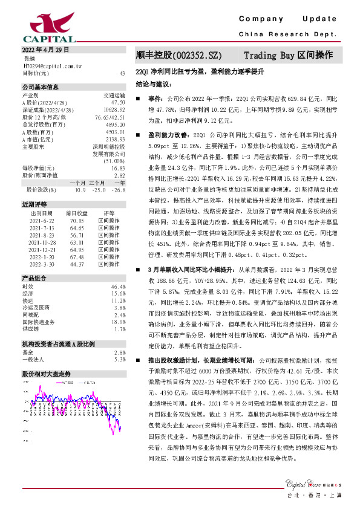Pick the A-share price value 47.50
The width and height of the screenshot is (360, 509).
(x=118, y=103)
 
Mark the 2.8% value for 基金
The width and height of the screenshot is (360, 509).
(x=120, y=352)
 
